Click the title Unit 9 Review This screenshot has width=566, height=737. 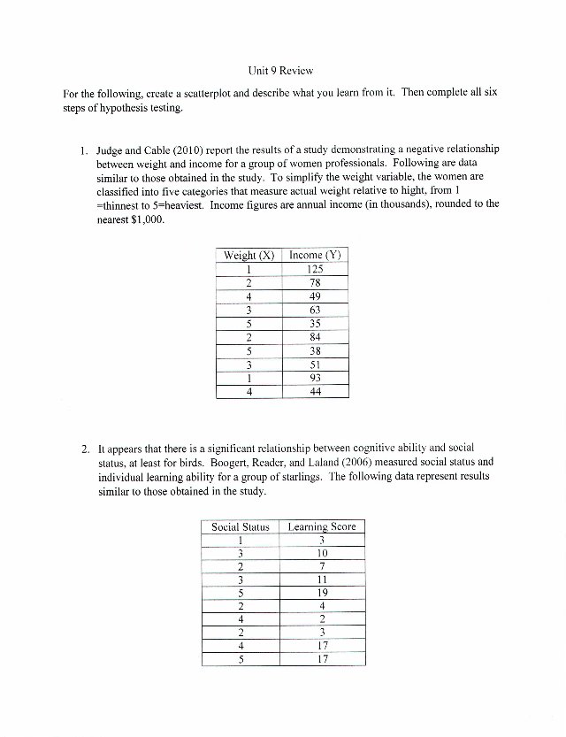281,69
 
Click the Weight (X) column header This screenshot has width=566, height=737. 249,256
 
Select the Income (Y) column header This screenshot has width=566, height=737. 315,256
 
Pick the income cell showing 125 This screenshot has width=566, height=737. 315,270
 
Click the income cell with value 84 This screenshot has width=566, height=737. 315,336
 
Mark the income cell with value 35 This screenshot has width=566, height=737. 315,323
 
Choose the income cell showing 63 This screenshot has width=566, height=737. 315,310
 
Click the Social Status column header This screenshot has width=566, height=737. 241,527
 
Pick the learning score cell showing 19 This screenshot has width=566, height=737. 323,594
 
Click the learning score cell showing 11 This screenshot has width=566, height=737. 323,580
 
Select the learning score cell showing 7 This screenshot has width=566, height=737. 323,567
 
